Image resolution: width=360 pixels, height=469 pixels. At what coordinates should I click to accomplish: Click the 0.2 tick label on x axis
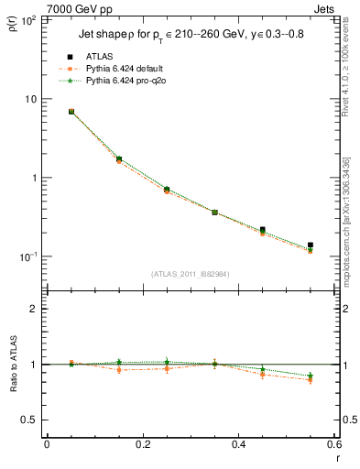point(142,445)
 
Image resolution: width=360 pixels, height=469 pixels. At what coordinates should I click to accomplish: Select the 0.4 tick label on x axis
point(238,445)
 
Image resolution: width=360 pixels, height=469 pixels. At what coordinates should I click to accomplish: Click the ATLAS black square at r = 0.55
point(311,245)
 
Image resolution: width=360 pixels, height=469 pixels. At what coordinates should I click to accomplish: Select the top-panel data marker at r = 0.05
point(71,112)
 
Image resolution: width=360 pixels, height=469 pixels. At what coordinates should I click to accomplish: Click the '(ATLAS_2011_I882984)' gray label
point(190,274)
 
